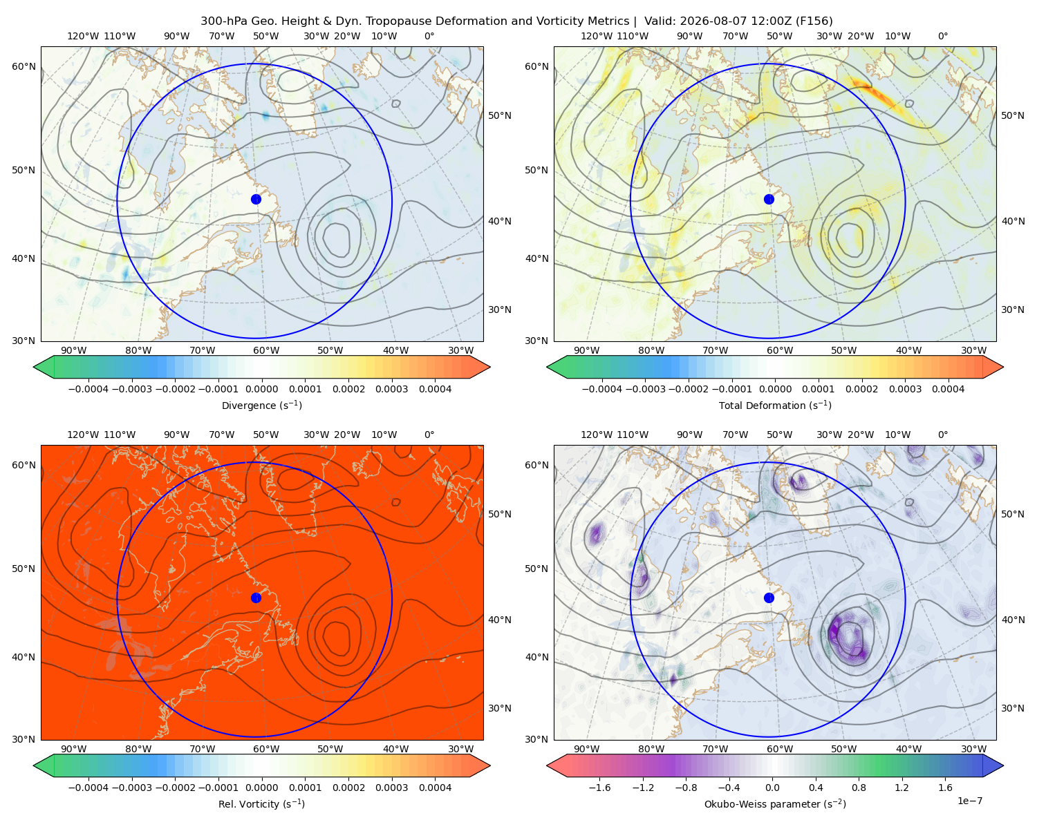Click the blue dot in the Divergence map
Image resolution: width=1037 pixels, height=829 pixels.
(x=256, y=200)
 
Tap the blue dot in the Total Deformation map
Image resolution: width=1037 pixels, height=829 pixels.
(x=769, y=200)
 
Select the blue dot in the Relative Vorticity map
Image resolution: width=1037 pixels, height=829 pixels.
(x=256, y=598)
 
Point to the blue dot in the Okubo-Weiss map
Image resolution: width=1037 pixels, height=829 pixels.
(x=769, y=598)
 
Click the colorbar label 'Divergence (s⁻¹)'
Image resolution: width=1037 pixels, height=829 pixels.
(x=261, y=406)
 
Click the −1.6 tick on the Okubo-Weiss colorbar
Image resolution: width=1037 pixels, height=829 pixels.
(x=599, y=788)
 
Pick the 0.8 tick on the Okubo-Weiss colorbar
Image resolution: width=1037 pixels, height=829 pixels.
(x=859, y=788)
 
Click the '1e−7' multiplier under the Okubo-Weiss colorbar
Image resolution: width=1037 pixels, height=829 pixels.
(x=969, y=801)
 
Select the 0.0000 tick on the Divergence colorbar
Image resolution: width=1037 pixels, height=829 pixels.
(x=261, y=389)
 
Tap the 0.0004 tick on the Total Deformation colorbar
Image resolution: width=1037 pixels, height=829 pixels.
(x=948, y=389)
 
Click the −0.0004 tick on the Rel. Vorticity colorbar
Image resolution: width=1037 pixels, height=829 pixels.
(x=88, y=788)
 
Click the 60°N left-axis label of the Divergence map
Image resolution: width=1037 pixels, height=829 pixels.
(x=24, y=66)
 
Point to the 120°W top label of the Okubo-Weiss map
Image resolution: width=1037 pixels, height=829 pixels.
(x=597, y=435)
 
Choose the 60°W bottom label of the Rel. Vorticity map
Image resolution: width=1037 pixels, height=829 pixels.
(x=266, y=749)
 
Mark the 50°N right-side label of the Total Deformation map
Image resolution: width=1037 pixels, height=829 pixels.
(x=1012, y=115)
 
